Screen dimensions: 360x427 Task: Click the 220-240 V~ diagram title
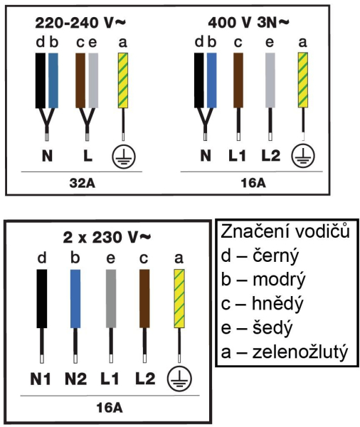(x=80, y=23)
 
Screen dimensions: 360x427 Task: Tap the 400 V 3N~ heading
(x=248, y=22)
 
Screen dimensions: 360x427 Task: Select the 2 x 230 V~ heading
(x=107, y=237)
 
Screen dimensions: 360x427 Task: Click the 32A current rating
(x=83, y=184)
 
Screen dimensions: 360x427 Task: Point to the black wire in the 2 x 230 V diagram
(x=42, y=299)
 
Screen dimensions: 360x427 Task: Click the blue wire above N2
(x=75, y=299)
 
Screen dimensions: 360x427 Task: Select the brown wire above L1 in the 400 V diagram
(x=238, y=80)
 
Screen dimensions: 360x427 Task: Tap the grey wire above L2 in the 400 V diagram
(x=270, y=80)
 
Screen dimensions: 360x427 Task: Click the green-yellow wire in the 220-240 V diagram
(x=123, y=80)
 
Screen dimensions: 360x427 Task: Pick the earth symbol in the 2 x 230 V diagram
(x=179, y=379)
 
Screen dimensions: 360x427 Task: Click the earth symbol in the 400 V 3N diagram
(x=303, y=157)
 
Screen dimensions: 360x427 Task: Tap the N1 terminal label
(x=41, y=379)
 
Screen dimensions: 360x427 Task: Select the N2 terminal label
(x=75, y=379)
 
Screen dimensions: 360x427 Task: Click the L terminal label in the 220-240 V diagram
(x=88, y=157)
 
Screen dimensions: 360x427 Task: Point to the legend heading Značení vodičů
(x=285, y=231)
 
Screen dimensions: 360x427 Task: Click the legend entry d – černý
(x=260, y=256)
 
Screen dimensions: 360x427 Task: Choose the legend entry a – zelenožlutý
(x=285, y=352)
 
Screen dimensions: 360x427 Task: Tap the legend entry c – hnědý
(x=262, y=304)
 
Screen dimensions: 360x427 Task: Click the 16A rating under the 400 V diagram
(x=253, y=183)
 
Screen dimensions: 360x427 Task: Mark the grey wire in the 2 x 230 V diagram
(x=111, y=299)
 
